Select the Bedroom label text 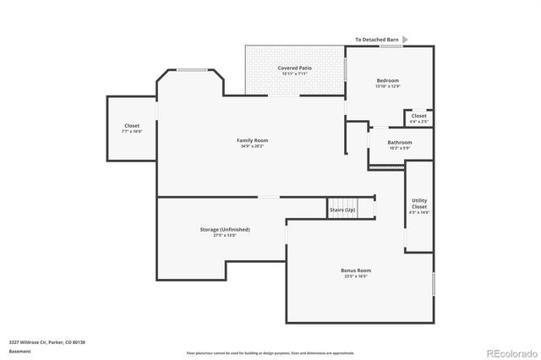388,80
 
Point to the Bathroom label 400,143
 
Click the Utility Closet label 419,203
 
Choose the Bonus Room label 356,270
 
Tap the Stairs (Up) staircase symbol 342,209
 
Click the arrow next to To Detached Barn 405,40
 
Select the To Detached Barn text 376,40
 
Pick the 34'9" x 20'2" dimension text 253,146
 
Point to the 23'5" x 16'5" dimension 356,276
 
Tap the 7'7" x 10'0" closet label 132,131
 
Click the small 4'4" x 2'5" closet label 418,122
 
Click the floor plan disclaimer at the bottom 270,352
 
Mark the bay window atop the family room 191,71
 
